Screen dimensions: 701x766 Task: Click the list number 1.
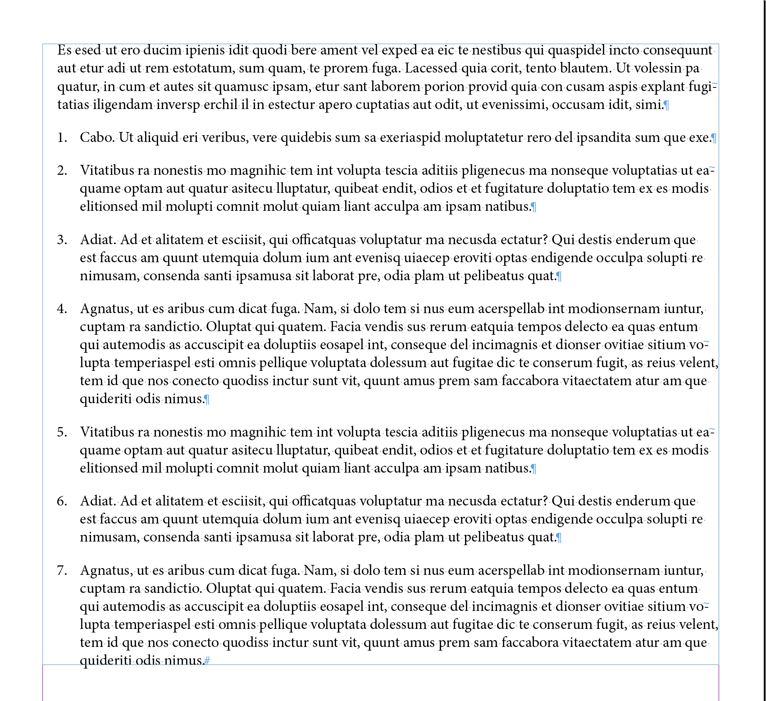coord(62,138)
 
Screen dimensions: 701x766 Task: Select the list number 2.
coord(62,171)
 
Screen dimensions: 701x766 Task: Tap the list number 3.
coord(62,240)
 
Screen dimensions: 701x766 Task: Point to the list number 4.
coord(62,309)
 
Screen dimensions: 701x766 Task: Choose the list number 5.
coord(62,432)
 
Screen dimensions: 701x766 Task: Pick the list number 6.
coord(62,501)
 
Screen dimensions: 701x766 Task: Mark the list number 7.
coord(62,571)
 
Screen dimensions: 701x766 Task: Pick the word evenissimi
coord(506,105)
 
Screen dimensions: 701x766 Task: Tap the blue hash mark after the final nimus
coord(207,661)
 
